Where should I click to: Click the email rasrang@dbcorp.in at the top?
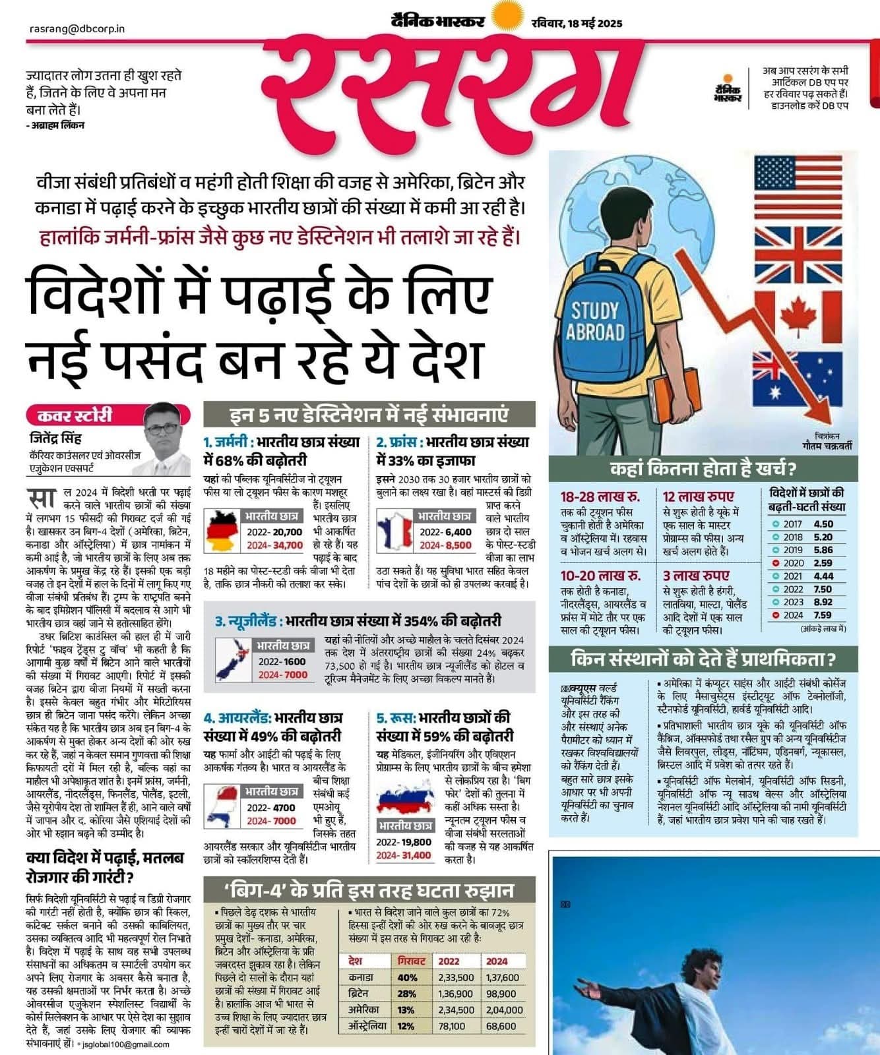point(77,29)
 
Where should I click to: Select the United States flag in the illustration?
point(796,185)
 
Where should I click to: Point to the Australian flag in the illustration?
point(797,378)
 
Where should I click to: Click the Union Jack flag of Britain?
point(797,253)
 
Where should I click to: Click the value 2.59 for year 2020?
point(823,563)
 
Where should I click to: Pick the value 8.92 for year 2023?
point(823,602)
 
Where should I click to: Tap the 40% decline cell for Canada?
point(407,978)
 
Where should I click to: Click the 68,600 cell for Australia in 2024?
point(501,1026)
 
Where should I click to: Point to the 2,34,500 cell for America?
point(456,1010)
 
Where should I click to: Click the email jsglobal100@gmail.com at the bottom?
point(126,1044)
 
